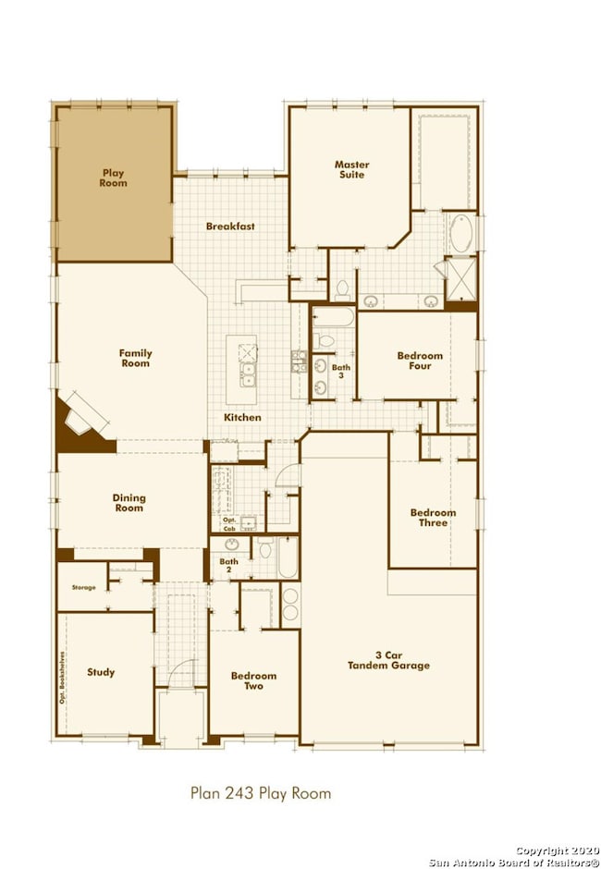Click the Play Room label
click(113, 177)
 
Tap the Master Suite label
click(351, 169)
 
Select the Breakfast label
click(230, 226)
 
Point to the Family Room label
click(135, 358)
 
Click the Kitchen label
click(242, 417)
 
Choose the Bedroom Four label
click(420, 361)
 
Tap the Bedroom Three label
click(433, 517)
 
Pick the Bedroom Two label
click(254, 680)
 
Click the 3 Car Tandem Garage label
click(388, 660)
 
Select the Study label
click(101, 672)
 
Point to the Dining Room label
click(129, 503)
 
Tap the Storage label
click(84, 587)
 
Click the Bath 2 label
click(228, 565)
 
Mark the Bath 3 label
click(341, 371)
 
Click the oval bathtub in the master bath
click(461, 233)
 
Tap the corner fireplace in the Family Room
click(83, 422)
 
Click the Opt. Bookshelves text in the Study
click(63, 678)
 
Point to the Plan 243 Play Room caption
click(261, 793)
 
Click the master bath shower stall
click(460, 279)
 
